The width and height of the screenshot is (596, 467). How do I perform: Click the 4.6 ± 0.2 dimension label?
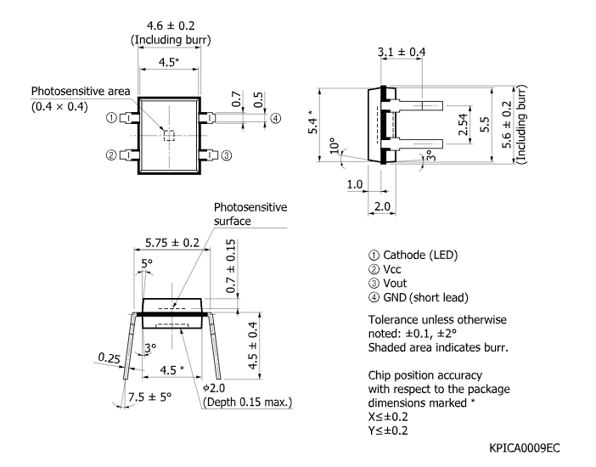pos(171,25)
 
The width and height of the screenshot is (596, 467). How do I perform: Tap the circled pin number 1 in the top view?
pos(111,118)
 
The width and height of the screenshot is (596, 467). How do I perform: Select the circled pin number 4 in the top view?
pos(276,118)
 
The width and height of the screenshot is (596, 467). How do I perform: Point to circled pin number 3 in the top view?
pos(226,155)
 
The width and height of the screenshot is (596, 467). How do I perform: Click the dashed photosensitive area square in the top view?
pos(169,135)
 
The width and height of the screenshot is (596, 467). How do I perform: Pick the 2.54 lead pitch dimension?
pos(463,124)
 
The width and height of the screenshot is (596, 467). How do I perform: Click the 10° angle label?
pos(335,145)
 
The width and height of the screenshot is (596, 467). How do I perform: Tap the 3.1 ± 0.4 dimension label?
pos(402,52)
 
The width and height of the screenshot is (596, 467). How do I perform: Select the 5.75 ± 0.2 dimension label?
pos(172,243)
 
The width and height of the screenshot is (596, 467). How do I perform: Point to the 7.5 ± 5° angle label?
pos(149,397)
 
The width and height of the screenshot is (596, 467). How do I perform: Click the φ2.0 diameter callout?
pos(214,388)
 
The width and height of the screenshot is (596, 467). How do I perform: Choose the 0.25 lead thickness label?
pos(109,357)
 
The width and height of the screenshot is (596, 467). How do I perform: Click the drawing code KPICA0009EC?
pos(525,448)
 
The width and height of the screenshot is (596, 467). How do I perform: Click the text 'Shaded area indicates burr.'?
pos(438,347)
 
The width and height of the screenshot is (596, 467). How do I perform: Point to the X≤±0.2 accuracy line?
pos(388,417)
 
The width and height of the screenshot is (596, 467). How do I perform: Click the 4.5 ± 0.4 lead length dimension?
pos(252,346)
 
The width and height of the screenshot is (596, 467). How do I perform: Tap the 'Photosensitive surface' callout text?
pos(250,214)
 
